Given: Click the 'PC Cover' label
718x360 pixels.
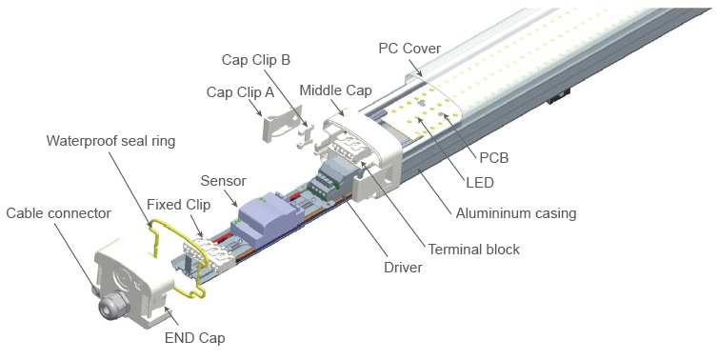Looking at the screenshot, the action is tap(409, 48).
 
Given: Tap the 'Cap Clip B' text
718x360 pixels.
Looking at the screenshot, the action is tap(256, 60).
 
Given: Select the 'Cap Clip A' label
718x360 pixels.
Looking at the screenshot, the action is tap(240, 92).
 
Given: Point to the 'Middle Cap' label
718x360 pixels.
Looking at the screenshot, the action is tap(335, 90).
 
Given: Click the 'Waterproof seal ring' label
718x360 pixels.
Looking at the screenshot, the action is tap(110, 141).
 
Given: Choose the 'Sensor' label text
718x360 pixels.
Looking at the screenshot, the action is tap(223, 181).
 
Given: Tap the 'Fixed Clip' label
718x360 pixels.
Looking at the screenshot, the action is tap(179, 204).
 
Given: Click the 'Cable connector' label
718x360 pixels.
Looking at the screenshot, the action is tap(59, 213).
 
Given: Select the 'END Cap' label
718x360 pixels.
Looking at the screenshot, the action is tap(194, 338).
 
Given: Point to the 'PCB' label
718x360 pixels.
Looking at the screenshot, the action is tap(493, 158).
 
